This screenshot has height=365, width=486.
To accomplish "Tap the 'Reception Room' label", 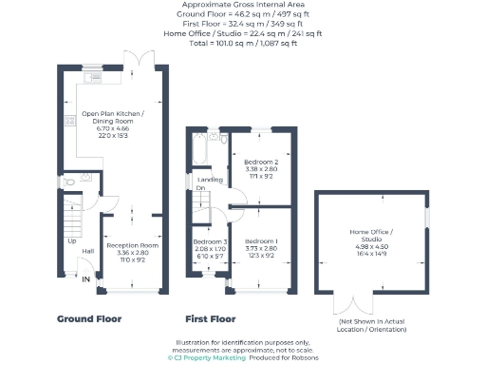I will click(132, 245).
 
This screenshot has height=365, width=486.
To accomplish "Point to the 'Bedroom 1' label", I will click(254, 241).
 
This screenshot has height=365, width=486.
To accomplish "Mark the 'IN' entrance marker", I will click(86, 279).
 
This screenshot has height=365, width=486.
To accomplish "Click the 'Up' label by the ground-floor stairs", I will click(71, 240).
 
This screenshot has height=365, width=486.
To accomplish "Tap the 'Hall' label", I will click(87, 251).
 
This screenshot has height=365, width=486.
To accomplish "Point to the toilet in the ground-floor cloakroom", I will click(70, 182).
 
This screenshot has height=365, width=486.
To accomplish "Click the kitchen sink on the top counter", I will click(96, 76).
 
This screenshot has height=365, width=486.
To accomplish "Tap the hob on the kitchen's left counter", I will click(70, 122).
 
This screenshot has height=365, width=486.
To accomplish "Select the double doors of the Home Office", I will click(348, 304).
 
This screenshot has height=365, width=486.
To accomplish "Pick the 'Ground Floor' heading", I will click(88, 318).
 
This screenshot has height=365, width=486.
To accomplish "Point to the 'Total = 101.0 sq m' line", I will click(242, 43).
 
